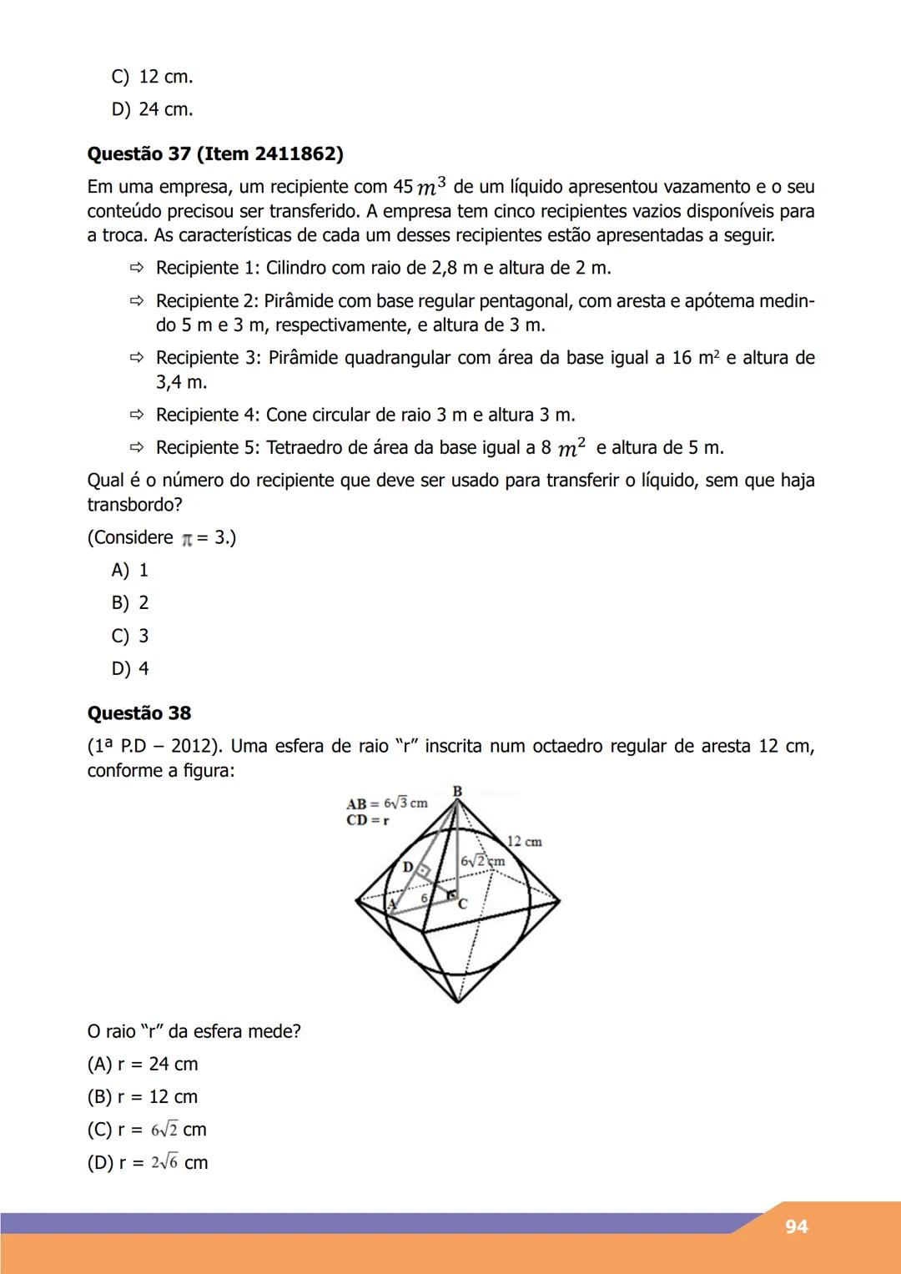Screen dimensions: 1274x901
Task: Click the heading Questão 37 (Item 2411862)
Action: point(215,154)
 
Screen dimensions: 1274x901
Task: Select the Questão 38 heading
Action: point(139,713)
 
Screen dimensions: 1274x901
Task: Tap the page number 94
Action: point(796,1226)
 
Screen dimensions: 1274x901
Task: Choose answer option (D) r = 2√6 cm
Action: point(148,1162)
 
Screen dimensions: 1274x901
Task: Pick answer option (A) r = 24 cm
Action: point(143,1064)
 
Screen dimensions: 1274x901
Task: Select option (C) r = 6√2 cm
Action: point(147,1130)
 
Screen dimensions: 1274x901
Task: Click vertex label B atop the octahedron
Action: point(457,790)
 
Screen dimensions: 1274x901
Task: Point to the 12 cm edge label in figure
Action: point(524,842)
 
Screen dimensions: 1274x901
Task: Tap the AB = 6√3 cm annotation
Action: point(386,803)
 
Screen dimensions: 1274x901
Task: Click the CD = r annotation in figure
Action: point(368,820)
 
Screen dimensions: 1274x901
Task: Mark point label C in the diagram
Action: point(462,904)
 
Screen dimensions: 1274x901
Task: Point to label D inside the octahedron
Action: point(407,867)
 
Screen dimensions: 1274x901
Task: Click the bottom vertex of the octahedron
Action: point(457,1001)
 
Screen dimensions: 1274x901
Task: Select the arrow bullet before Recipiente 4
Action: point(137,415)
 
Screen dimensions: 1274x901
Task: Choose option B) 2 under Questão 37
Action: point(130,602)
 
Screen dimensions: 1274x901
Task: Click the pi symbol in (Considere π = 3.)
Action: point(187,539)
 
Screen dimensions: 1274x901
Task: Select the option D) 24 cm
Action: point(152,109)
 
